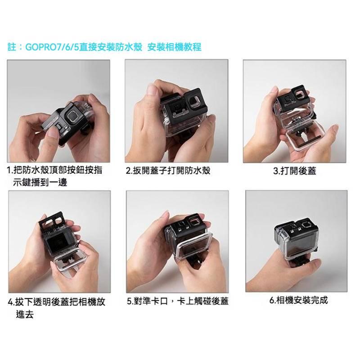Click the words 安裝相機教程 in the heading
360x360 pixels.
[x=174, y=47]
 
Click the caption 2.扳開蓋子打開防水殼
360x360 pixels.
[x=168, y=171]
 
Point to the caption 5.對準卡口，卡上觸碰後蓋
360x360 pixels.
[x=178, y=300]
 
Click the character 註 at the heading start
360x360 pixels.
[x=12, y=47]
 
